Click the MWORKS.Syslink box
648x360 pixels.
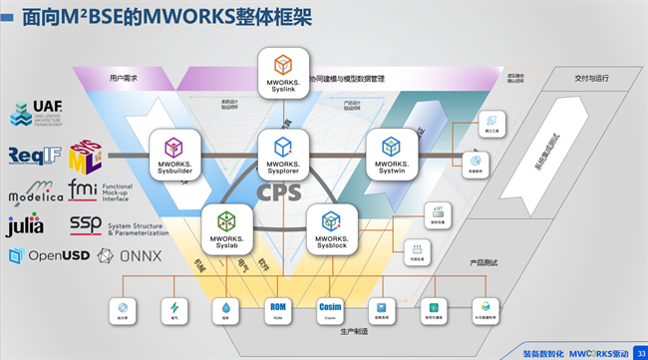[x=282, y=72]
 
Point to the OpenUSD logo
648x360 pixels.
[x=43, y=256]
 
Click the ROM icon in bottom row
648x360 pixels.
[x=277, y=311]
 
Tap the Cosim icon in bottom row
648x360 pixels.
[x=330, y=311]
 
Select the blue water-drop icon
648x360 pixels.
[x=226, y=311]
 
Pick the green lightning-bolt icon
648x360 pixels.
[x=175, y=311]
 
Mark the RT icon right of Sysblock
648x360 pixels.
[x=436, y=213]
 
